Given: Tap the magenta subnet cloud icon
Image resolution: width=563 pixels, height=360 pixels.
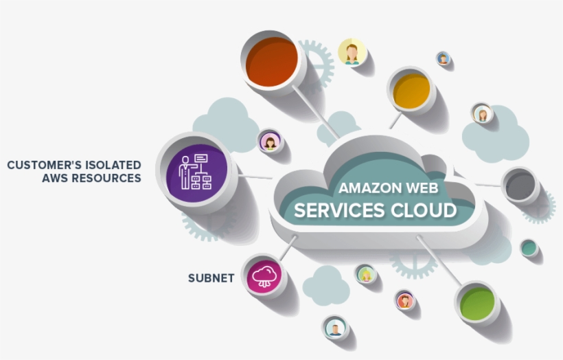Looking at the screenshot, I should (265, 277).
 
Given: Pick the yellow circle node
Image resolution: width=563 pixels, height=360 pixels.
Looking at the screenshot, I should (412, 89).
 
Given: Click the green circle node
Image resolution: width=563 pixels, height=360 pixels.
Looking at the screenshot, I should (477, 303).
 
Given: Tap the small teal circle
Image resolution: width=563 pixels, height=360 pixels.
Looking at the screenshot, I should (529, 248).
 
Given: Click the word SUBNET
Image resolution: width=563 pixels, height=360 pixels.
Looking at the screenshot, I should (211, 278).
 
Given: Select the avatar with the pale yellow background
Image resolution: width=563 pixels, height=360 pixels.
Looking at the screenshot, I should (352, 52).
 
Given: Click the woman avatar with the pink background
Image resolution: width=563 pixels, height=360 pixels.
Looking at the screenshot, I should (271, 142).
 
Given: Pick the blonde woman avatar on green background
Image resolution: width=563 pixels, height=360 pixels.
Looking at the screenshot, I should (366, 274).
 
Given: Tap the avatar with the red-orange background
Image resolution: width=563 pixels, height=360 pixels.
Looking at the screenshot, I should (405, 300).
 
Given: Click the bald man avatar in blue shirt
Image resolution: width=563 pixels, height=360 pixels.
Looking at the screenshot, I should (334, 328).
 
